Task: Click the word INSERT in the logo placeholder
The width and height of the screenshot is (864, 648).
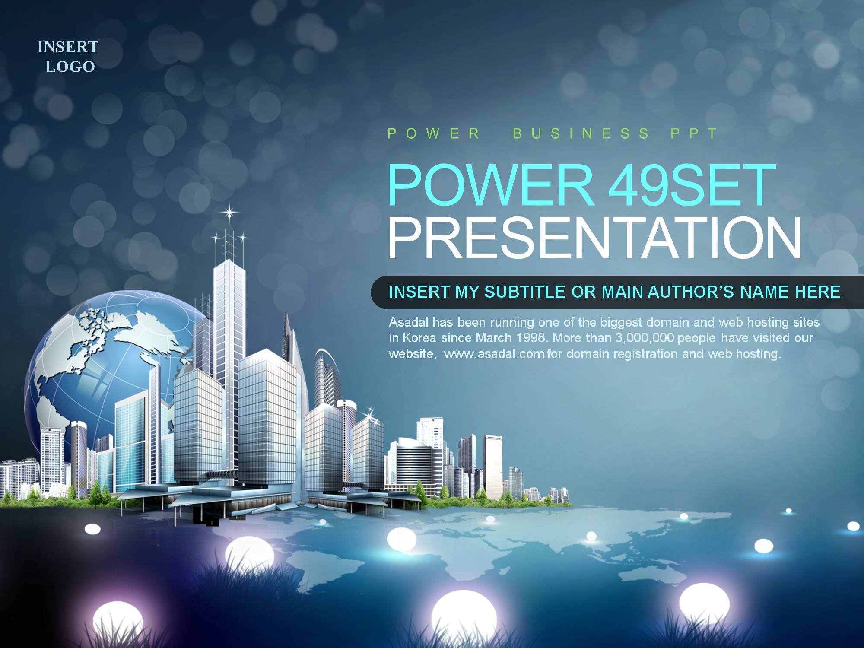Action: pyautogui.click(x=68, y=47)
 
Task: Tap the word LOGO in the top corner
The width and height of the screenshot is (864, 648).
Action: pyautogui.click(x=70, y=67)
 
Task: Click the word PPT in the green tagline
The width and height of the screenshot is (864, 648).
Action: pyautogui.click(x=694, y=133)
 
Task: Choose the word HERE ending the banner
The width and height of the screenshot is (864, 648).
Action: pyautogui.click(x=818, y=292)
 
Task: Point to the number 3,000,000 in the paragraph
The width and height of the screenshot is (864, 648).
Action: pyautogui.click(x=644, y=338)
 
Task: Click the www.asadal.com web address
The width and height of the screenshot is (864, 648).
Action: pyautogui.click(x=494, y=354)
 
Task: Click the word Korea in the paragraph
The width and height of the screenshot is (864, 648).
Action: pyautogui.click(x=419, y=338)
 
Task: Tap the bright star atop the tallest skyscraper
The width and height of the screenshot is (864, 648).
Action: pyautogui.click(x=229, y=212)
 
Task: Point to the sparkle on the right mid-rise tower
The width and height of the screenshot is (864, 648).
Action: pyautogui.click(x=370, y=416)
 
